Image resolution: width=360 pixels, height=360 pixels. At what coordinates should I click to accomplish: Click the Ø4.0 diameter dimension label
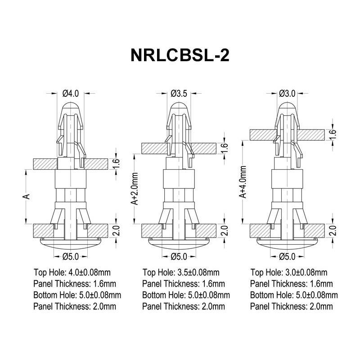(71, 94)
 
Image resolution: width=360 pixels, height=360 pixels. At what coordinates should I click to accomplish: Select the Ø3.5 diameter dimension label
(179, 94)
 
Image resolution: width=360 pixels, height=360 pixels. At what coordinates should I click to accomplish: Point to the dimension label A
(27, 197)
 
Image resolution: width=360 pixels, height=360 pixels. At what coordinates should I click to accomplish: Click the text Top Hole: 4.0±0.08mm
(72, 272)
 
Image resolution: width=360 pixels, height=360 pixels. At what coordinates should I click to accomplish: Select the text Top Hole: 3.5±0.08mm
(181, 272)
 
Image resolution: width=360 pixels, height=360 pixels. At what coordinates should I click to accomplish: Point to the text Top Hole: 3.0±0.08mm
(289, 272)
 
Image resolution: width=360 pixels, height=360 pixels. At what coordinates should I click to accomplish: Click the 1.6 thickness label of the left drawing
(116, 164)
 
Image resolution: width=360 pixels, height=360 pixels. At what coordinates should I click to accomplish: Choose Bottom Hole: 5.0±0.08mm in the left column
(77, 295)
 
